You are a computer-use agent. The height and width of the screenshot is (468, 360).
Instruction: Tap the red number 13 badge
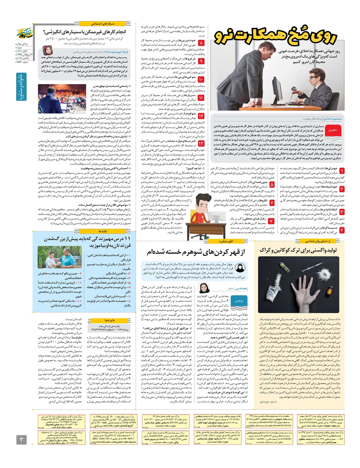pos(201,144)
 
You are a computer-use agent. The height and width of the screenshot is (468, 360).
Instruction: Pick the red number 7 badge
pos(271,221)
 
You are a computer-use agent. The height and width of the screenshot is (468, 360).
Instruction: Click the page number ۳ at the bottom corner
pos(21,440)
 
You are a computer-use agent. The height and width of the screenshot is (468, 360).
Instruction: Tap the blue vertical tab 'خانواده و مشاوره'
pos(21,87)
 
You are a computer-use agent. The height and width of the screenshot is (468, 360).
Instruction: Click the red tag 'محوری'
pos(333,130)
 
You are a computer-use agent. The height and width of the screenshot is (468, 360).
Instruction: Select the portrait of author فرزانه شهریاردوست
pos(48,50)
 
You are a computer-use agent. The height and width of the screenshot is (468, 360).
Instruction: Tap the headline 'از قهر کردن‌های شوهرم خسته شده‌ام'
pos(196,253)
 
